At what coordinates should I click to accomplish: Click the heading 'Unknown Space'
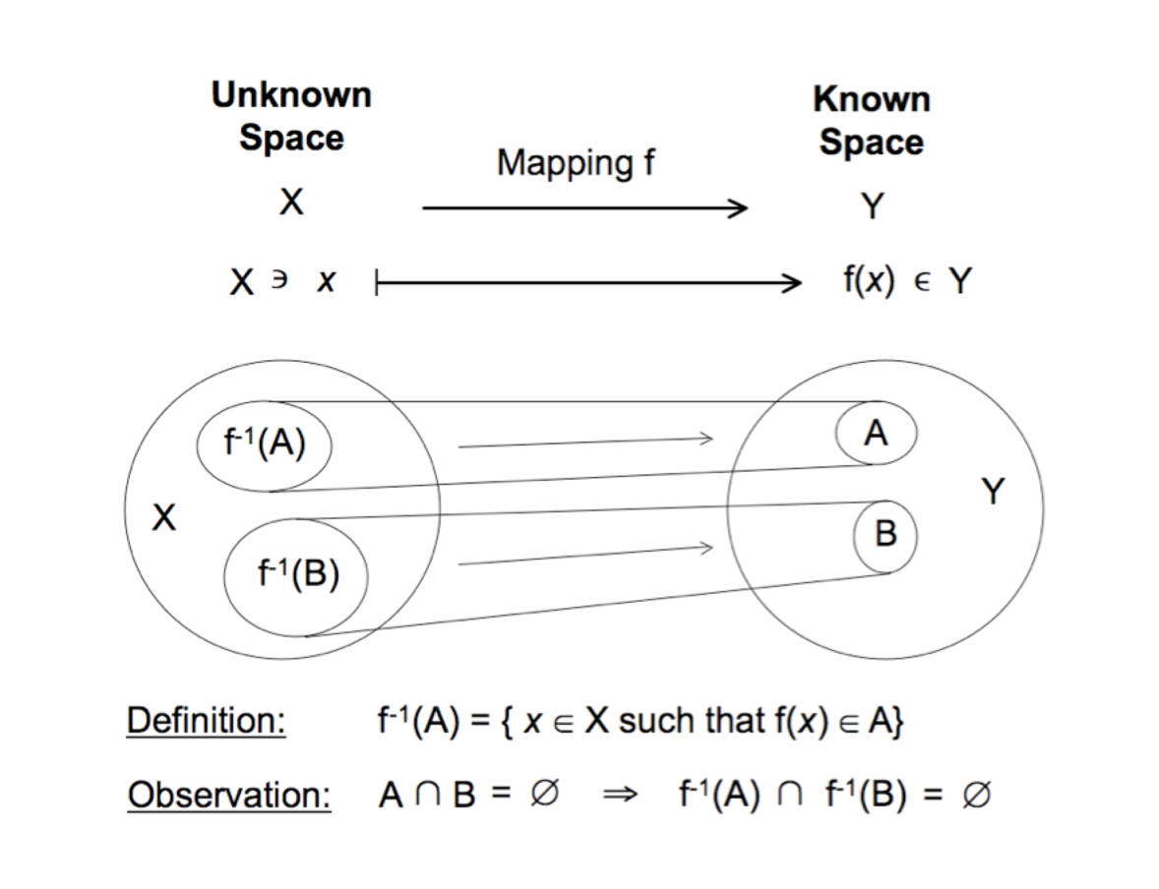coord(291,116)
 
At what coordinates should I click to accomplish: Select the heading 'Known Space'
coord(872,120)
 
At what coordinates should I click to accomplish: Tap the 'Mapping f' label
coord(576,162)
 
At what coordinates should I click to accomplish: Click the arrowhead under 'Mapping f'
coord(738,207)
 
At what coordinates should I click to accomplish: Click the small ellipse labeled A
coord(877,433)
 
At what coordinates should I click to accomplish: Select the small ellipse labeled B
coord(885,535)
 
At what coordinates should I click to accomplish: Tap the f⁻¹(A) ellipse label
coord(263,444)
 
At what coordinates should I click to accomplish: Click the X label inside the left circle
coord(163,517)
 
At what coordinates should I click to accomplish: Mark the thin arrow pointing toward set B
coord(584,555)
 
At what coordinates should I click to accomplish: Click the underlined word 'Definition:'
coord(206,723)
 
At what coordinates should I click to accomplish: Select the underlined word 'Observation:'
coord(229,796)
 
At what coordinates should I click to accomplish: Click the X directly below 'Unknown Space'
coord(290,204)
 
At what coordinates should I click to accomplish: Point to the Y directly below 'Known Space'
coord(872,207)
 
